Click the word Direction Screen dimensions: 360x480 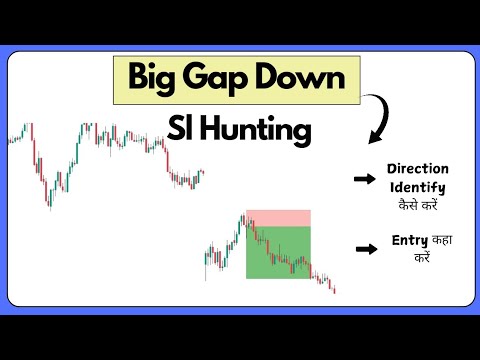[x=417, y=170]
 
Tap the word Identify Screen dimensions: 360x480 [x=417, y=187]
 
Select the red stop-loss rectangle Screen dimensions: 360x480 [x=279, y=218]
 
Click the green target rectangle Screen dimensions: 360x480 [x=279, y=253]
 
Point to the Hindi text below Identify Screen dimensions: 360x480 [x=417, y=204]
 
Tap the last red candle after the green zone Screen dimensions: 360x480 [x=333, y=288]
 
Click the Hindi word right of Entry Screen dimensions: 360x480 [x=439, y=241]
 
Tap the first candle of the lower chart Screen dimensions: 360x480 [x=206, y=262]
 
